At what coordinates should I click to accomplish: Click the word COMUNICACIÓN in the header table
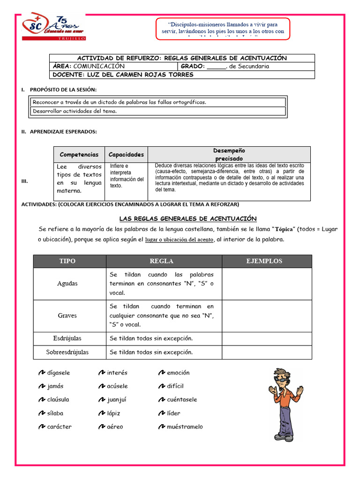[99, 66]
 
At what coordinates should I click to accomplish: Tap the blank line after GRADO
[216, 67]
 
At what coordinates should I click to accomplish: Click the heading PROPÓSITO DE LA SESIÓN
[63, 90]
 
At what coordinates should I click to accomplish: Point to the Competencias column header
[79, 154]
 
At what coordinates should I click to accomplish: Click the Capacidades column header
[126, 154]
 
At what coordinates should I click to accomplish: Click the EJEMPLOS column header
[266, 261]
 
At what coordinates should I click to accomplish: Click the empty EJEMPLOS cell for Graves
[266, 316]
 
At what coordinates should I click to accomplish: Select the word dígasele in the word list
[59, 373]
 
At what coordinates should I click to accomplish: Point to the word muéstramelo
[185, 427]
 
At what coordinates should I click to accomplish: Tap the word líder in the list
[173, 413]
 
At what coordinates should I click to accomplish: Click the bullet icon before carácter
[41, 427]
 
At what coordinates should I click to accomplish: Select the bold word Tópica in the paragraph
[283, 229]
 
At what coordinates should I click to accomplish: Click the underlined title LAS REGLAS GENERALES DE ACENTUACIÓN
[188, 218]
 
